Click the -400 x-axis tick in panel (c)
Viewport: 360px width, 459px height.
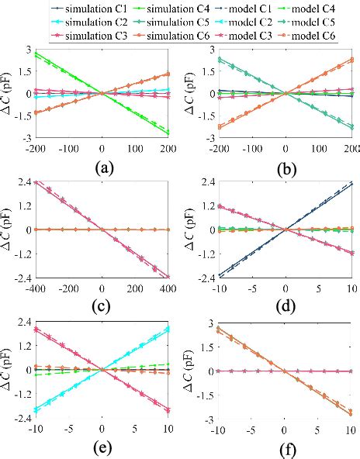(x=35, y=286)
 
